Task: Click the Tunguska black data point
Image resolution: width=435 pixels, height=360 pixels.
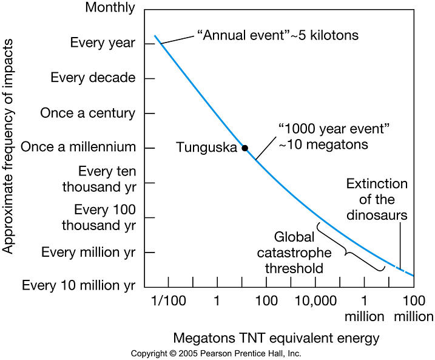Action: click(244, 148)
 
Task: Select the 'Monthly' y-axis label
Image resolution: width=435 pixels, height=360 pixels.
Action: click(110, 8)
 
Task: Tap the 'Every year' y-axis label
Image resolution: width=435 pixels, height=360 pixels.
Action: click(103, 42)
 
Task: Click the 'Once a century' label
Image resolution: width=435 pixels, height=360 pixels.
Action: click(87, 113)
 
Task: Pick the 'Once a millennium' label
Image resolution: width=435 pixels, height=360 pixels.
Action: click(78, 147)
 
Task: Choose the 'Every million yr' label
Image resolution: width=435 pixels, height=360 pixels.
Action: click(88, 252)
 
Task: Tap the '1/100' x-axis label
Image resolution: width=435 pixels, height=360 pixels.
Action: click(167, 301)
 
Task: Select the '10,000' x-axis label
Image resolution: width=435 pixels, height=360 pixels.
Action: click(315, 301)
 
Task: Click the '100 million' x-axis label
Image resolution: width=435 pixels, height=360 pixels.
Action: click(413, 308)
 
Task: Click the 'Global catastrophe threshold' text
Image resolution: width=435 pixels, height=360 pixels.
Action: click(298, 252)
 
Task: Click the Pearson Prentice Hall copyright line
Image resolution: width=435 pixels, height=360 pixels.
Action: click(215, 353)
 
